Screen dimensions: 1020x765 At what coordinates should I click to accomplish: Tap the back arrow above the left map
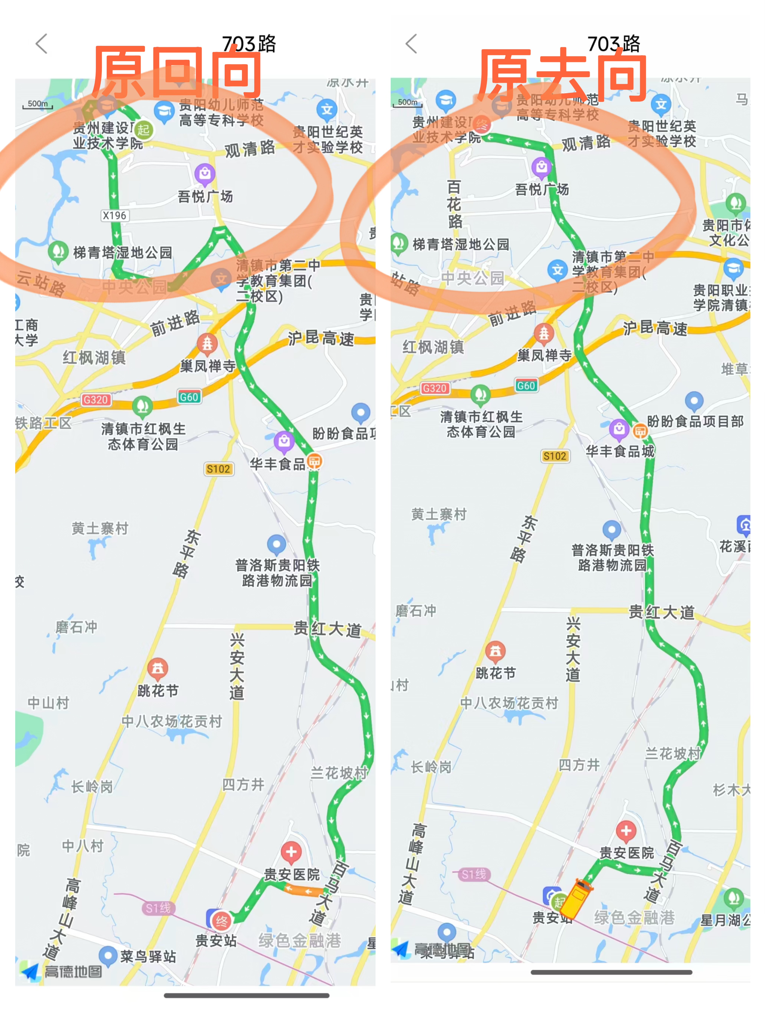click(x=42, y=44)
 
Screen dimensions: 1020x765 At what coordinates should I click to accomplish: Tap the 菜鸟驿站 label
click(x=148, y=957)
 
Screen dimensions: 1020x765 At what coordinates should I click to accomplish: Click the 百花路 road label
click(x=454, y=204)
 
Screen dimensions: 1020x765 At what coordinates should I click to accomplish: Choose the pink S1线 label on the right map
click(x=474, y=874)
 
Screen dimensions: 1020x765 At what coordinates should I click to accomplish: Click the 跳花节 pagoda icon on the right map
click(x=495, y=651)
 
